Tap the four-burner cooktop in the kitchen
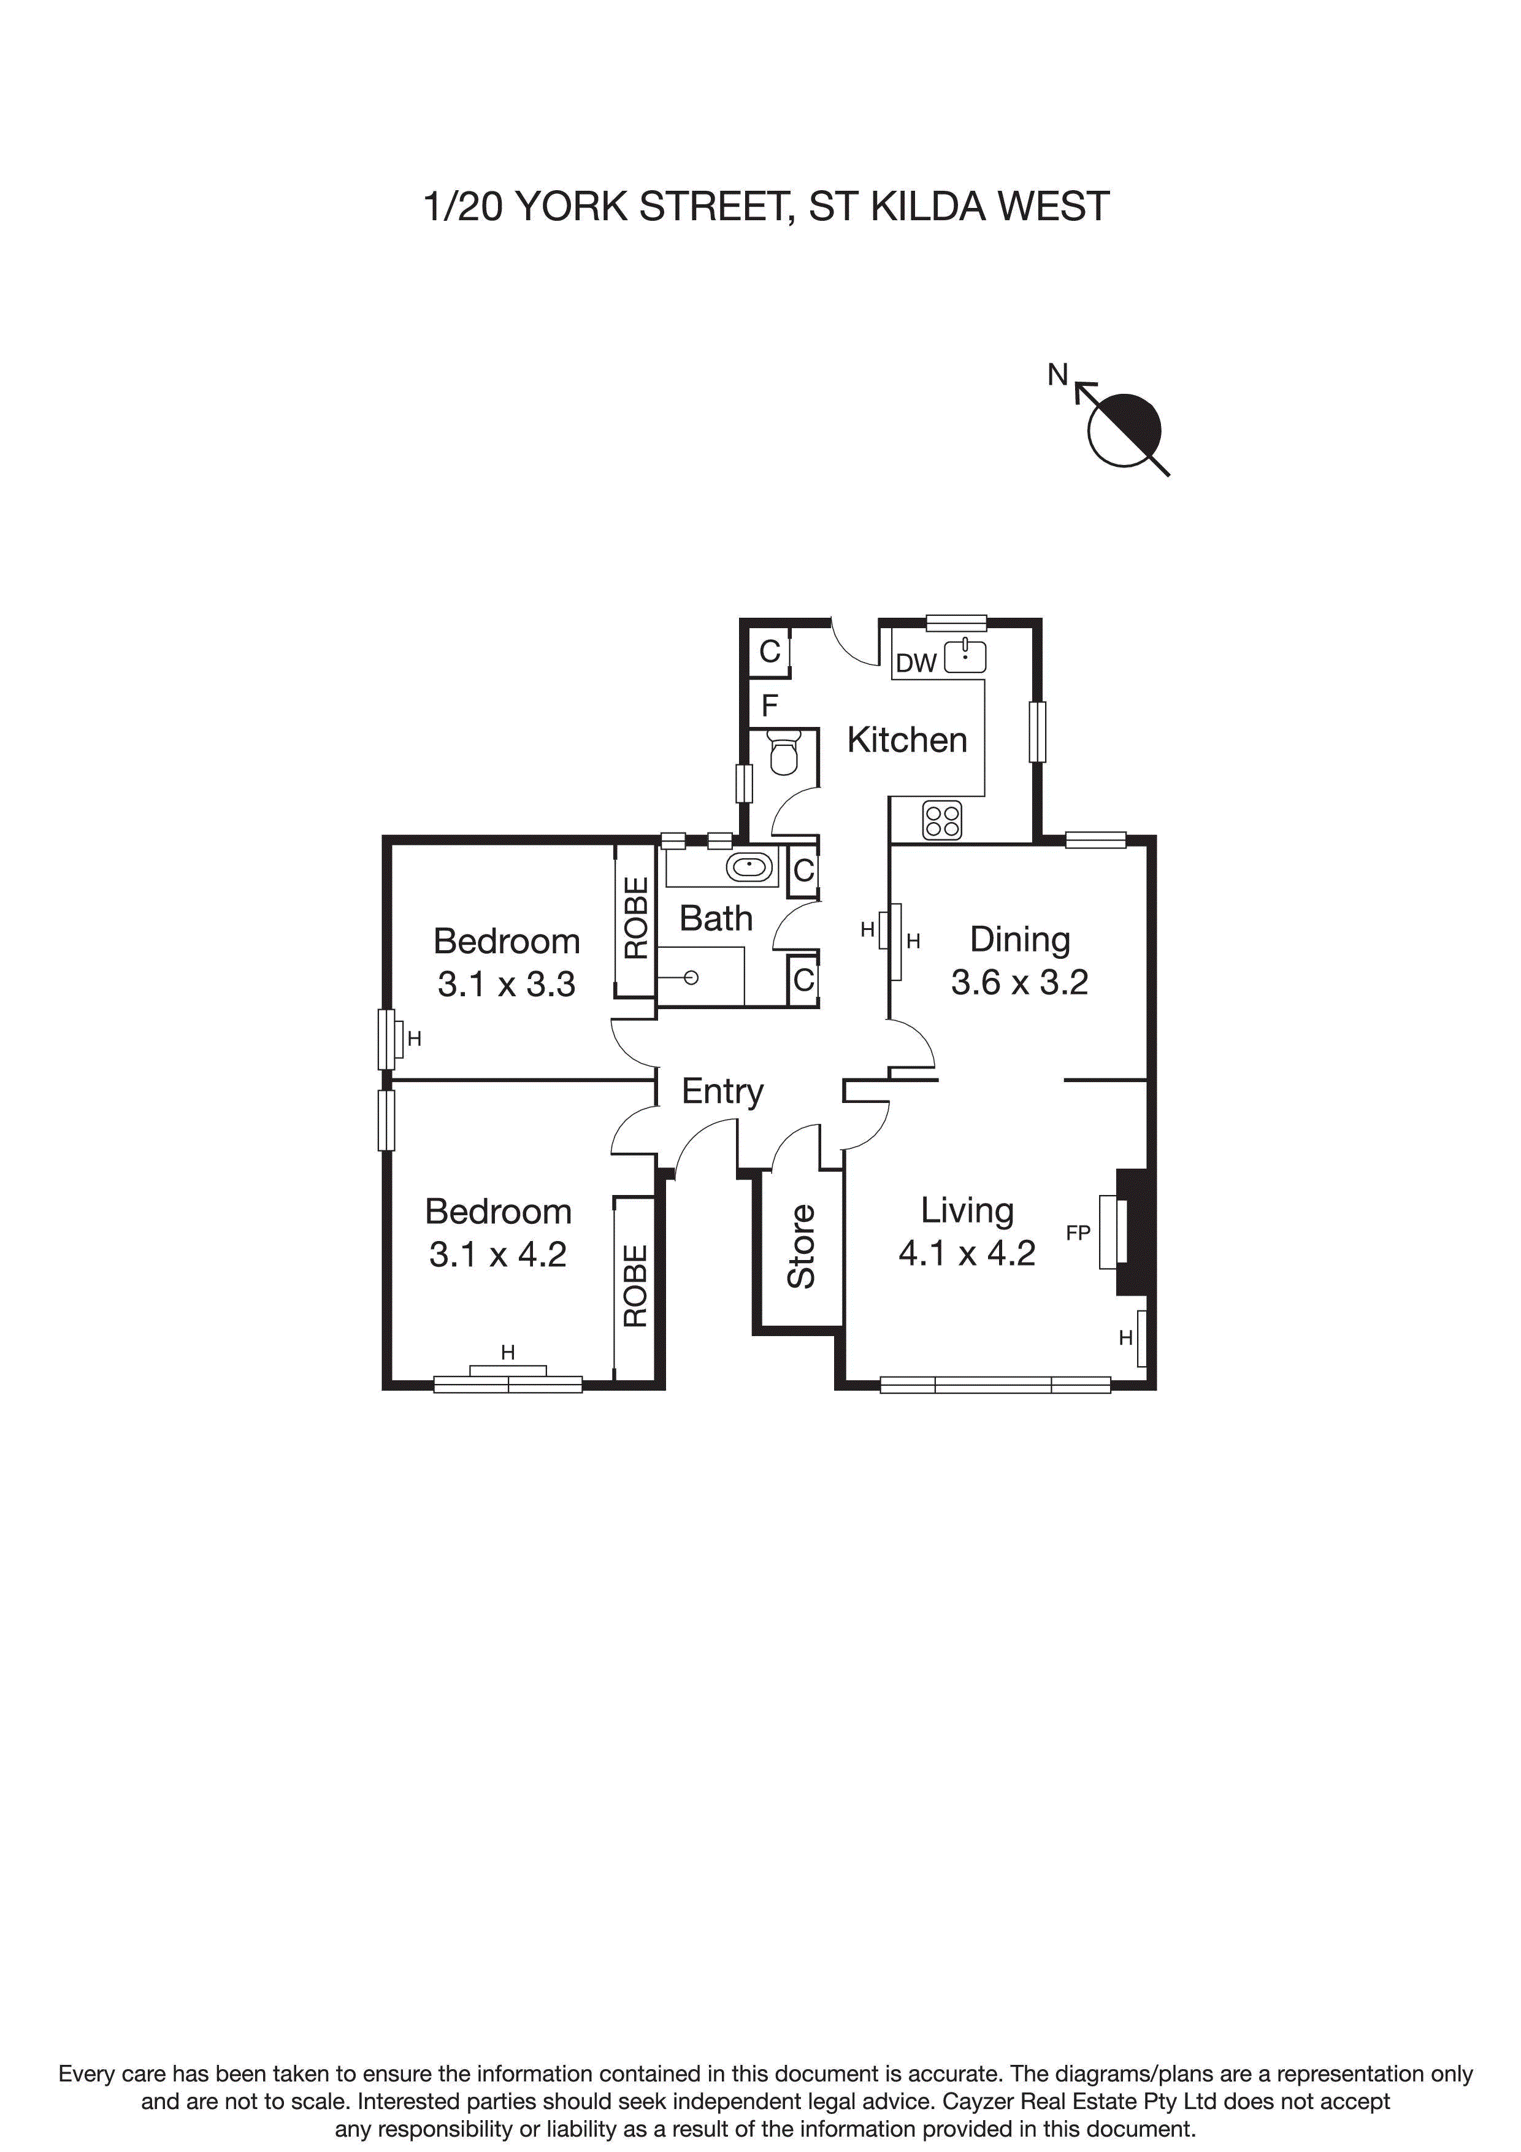pyautogui.click(x=942, y=820)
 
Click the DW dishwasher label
pyautogui.click(x=916, y=664)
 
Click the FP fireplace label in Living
pyautogui.click(x=1078, y=1234)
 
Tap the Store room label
pyautogui.click(x=801, y=1246)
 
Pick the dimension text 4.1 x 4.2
pyautogui.click(x=966, y=1253)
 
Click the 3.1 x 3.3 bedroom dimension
pyautogui.click(x=506, y=984)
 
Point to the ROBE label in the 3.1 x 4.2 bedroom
pyautogui.click(x=635, y=1285)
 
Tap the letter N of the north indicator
pyautogui.click(x=1057, y=375)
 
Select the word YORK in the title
pyautogui.click(x=572, y=206)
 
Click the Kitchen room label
pyautogui.click(x=906, y=740)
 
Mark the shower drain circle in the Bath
pyautogui.click(x=692, y=978)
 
